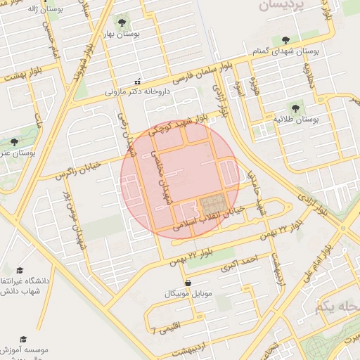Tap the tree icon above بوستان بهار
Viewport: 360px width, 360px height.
(124, 20)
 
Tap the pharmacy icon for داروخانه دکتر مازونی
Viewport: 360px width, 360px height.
(137, 80)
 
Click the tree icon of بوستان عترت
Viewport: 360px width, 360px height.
(14, 141)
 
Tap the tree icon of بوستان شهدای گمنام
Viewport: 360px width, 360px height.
(285, 40)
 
